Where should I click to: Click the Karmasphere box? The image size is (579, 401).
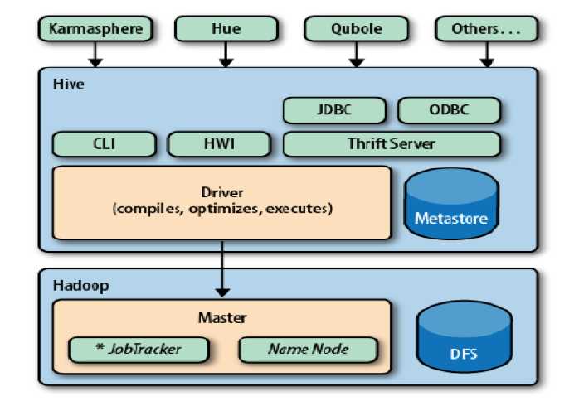pyautogui.click(x=96, y=29)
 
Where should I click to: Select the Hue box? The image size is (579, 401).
pyautogui.click(x=225, y=29)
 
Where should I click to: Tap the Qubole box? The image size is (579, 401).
pyautogui.click(x=356, y=29)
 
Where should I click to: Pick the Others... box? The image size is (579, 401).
pyautogui.click(x=485, y=29)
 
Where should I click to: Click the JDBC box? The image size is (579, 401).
pyautogui.click(x=334, y=110)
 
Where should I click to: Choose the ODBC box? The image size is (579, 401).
pyautogui.click(x=449, y=110)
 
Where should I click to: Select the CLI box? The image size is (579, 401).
pyautogui.click(x=105, y=144)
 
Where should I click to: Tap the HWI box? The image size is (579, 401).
pyautogui.click(x=220, y=144)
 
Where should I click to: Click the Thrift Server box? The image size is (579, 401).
pyautogui.click(x=392, y=144)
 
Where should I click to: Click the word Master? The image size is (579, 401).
pyautogui.click(x=221, y=317)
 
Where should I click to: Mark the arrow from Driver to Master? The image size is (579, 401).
pyautogui.click(x=221, y=269)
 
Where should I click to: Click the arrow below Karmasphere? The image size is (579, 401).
pyautogui.click(x=96, y=55)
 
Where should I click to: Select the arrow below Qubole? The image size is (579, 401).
pyautogui.click(x=356, y=55)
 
